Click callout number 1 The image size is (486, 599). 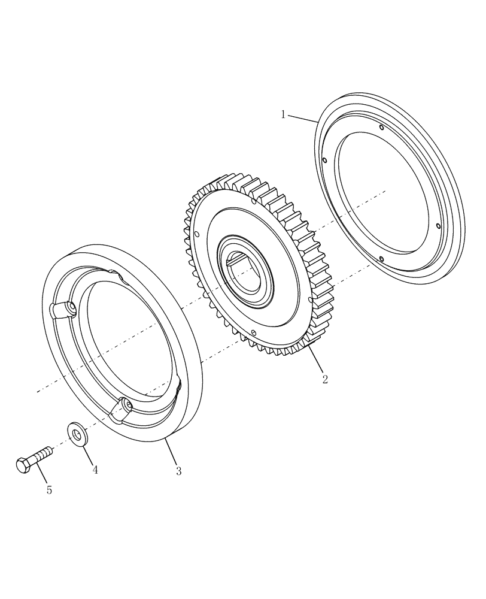click(x=283, y=114)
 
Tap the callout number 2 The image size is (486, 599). click(x=325, y=379)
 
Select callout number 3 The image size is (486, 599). click(x=178, y=471)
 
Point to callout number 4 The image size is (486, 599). click(x=95, y=470)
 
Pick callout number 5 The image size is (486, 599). click(x=49, y=490)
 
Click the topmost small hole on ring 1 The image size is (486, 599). click(x=381, y=126)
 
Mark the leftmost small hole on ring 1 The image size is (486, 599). click(x=324, y=160)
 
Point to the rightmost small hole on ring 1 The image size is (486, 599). click(x=439, y=226)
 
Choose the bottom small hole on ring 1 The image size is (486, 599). click(x=381, y=259)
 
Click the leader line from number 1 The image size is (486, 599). click(x=302, y=118)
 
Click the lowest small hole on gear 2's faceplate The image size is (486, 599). click(x=254, y=332)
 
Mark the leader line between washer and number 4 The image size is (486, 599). click(x=88, y=454)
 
